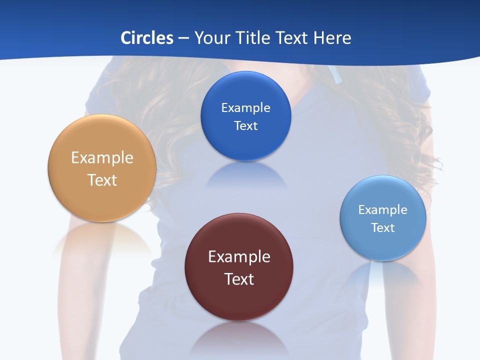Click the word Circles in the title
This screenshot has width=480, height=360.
coord(147,38)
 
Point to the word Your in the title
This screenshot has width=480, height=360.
coord(210,38)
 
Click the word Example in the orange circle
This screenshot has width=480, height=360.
coord(102,158)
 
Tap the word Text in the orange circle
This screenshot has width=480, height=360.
coord(102,180)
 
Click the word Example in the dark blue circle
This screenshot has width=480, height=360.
coord(246,108)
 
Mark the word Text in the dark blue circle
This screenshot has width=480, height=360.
coord(246,126)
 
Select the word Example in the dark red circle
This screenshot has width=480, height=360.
coord(239,257)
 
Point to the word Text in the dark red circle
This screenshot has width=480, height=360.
coord(239,279)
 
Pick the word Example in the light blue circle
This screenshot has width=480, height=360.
coord(383,210)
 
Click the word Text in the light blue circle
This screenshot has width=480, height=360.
coord(383,228)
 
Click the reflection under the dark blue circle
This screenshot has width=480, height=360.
coord(246,175)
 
